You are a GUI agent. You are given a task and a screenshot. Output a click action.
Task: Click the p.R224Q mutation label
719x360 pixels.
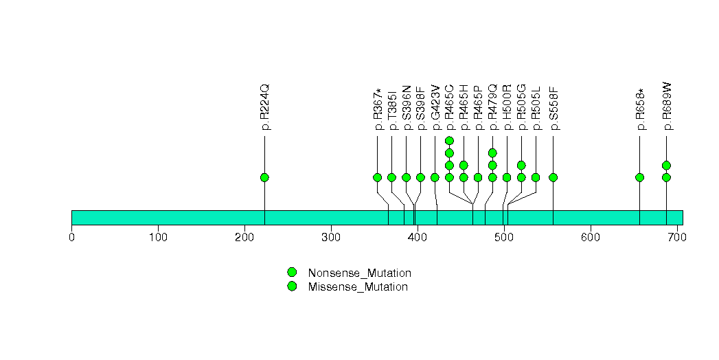(265, 107)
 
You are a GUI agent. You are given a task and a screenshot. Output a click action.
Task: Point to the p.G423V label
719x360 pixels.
(435, 107)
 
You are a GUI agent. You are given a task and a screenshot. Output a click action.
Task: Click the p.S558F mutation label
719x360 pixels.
(553, 108)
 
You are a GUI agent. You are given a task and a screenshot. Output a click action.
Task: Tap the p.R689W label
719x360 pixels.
(667, 106)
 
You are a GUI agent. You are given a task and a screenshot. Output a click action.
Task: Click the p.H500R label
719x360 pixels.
(507, 107)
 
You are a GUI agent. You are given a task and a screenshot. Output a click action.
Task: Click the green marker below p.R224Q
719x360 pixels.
(264, 177)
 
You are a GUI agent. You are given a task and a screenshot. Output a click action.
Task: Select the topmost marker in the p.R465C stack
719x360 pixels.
(449, 141)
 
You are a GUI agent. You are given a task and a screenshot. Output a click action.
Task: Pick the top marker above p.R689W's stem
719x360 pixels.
(666, 165)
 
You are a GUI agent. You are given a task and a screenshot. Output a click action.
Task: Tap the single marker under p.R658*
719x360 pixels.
(640, 177)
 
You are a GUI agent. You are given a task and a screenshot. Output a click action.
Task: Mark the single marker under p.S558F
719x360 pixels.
(553, 177)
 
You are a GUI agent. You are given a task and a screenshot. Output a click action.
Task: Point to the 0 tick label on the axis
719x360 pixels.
(71, 238)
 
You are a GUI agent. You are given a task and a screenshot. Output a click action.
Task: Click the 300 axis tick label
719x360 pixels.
(331, 238)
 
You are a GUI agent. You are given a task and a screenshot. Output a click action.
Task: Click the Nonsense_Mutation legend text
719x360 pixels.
(360, 273)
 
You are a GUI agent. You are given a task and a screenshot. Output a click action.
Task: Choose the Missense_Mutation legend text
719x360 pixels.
(358, 286)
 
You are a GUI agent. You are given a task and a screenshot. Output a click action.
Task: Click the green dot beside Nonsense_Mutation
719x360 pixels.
(292, 273)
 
